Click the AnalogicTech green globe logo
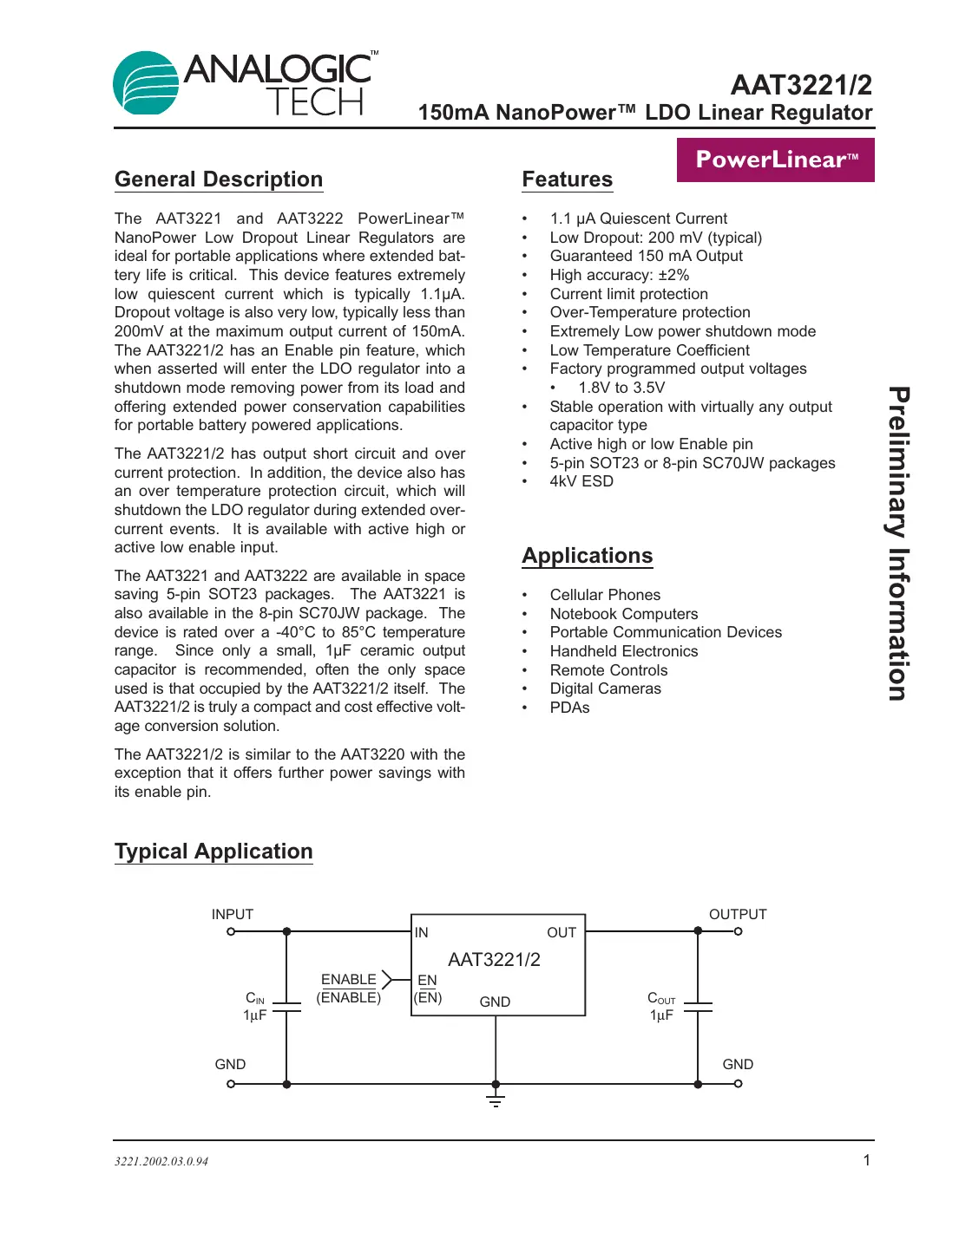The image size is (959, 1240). point(146,83)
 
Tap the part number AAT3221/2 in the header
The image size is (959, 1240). point(800,85)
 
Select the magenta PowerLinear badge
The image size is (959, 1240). point(775,160)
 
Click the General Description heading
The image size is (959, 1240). point(219,179)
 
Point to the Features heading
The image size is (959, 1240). point(567,179)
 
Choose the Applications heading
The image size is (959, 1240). point(587,556)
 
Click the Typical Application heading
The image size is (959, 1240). point(213,852)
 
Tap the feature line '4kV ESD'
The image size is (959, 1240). point(581,481)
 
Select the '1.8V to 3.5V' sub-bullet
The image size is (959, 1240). point(621,388)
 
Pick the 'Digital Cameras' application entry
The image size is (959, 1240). point(605,689)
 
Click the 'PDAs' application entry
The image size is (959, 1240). point(569,708)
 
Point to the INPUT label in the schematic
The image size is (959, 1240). point(233,914)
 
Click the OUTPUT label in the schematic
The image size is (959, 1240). point(738,914)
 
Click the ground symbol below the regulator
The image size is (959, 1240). point(496,1100)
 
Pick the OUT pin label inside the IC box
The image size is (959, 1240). point(561,932)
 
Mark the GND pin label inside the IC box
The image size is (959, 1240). point(495,1002)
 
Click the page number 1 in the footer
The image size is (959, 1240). point(866,1160)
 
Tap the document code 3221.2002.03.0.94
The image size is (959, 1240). point(161,1161)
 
